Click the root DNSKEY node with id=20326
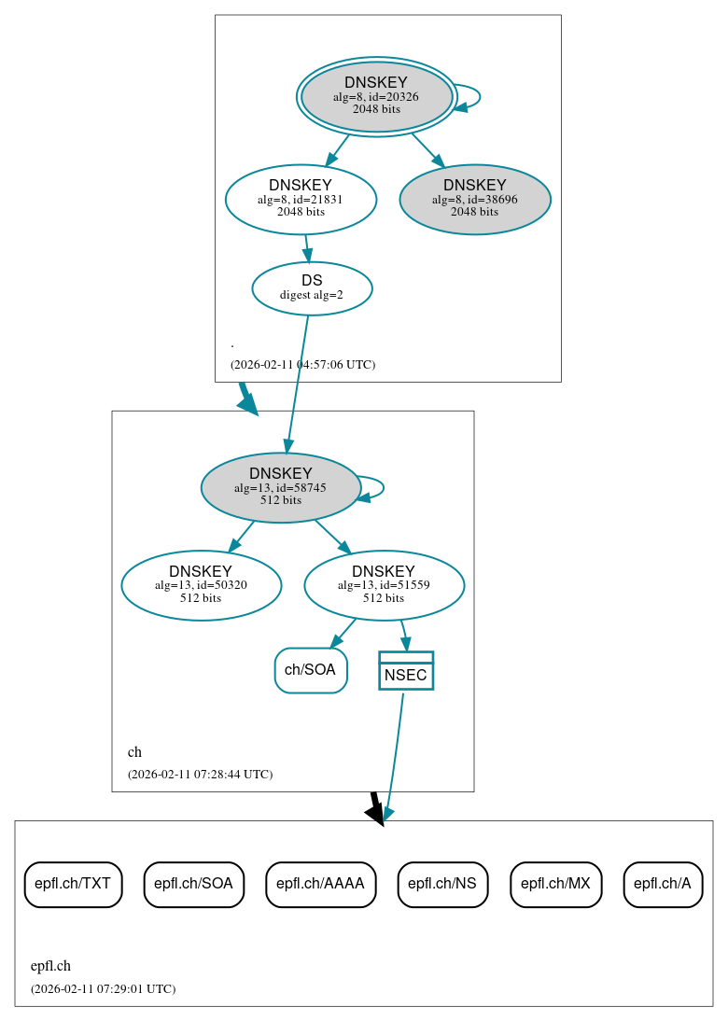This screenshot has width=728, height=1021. click(x=376, y=96)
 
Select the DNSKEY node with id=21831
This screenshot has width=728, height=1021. click(x=301, y=199)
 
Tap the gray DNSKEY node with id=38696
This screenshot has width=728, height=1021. click(x=474, y=199)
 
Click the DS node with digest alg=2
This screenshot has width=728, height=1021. click(x=312, y=288)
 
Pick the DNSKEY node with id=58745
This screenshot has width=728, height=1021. click(x=280, y=487)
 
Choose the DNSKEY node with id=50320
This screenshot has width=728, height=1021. click(x=201, y=585)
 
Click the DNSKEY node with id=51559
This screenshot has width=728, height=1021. click(x=384, y=585)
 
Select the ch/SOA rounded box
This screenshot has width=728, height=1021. click(x=311, y=670)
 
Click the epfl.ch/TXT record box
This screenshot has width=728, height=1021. click(x=73, y=884)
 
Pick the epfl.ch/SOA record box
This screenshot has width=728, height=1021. click(x=193, y=884)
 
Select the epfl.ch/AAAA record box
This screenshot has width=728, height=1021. click(x=320, y=884)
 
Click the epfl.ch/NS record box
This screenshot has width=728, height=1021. click(x=442, y=884)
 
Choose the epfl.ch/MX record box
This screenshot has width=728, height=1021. click(x=555, y=884)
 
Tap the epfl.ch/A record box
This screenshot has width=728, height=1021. click(x=663, y=884)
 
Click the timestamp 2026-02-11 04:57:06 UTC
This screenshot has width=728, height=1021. click(x=302, y=364)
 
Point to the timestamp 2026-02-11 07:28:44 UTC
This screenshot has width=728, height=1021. click(x=200, y=774)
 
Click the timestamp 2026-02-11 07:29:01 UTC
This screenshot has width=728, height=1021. click(x=103, y=988)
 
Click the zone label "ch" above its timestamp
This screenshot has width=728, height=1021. click(x=134, y=751)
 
